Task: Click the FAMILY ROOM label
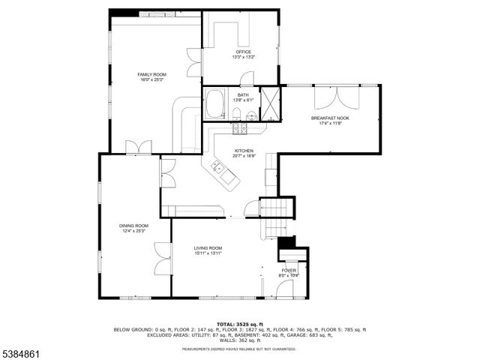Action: pos(151,74)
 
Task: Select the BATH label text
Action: pos(243,95)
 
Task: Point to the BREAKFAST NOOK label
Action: pos(330,118)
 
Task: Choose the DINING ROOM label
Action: pos(133,225)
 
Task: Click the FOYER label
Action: pos(289,270)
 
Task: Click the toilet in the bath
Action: pos(235,114)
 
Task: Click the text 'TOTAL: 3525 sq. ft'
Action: pos(239,324)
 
